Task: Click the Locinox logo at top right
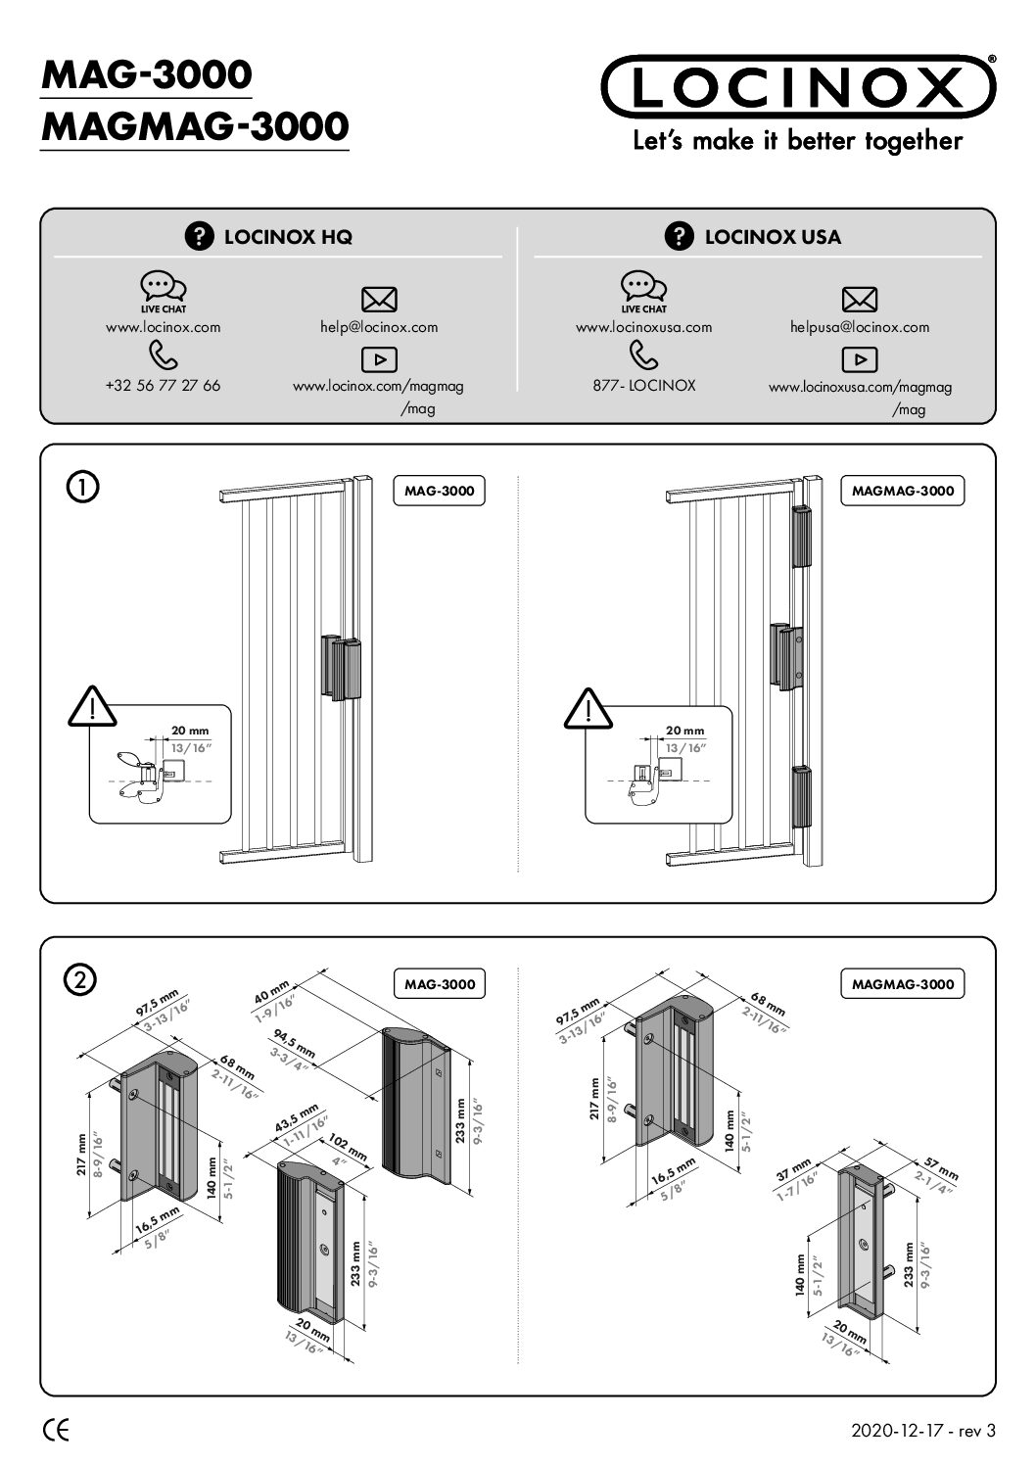(x=797, y=85)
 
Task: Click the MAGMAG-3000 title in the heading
(x=195, y=126)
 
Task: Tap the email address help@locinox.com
(x=379, y=327)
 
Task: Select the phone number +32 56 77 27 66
(x=163, y=385)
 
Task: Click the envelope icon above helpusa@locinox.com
(x=860, y=300)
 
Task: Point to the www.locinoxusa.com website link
(x=643, y=327)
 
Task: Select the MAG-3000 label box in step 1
(x=440, y=491)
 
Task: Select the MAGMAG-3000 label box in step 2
(x=902, y=984)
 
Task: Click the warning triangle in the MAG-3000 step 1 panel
(x=92, y=707)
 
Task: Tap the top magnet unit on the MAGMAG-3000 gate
(x=801, y=538)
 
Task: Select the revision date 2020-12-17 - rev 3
(x=923, y=1431)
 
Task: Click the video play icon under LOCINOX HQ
(x=379, y=359)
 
